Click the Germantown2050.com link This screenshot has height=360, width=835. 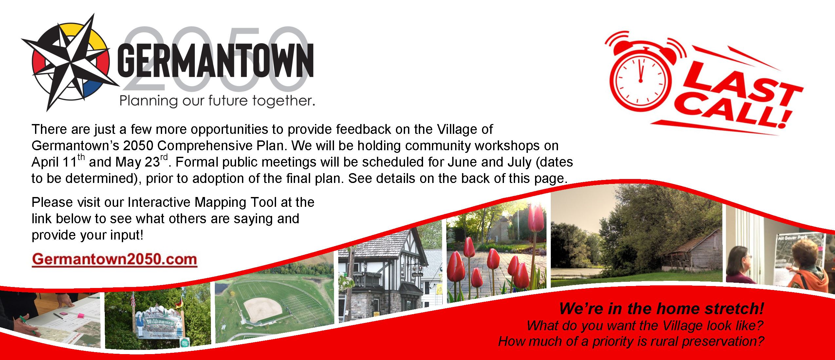(x=114, y=259)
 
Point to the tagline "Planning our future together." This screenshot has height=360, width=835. (x=217, y=100)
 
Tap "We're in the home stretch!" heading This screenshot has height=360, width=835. (x=661, y=309)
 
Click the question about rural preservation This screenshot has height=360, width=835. (x=631, y=341)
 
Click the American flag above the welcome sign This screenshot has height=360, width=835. (x=133, y=299)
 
